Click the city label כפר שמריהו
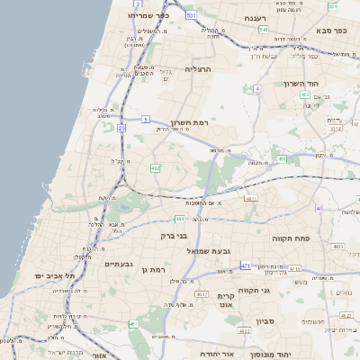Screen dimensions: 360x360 click(x=148, y=15)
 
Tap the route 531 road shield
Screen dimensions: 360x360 click(x=191, y=15)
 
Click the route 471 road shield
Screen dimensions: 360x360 click(x=245, y=266)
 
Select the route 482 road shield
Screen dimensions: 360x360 click(x=156, y=167)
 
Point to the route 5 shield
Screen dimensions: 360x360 click(x=145, y=119)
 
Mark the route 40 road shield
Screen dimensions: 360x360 click(x=319, y=209)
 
